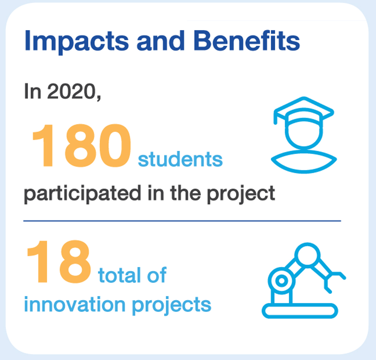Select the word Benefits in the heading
tap(247, 40)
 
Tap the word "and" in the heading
tap(161, 40)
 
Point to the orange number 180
tap(82, 145)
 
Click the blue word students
tap(180, 159)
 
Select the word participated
tap(83, 194)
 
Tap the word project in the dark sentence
tap(241, 194)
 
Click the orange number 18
tap(59, 262)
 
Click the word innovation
tap(75, 305)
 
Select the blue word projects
tap(172, 305)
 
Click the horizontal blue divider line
tap(182, 221)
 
